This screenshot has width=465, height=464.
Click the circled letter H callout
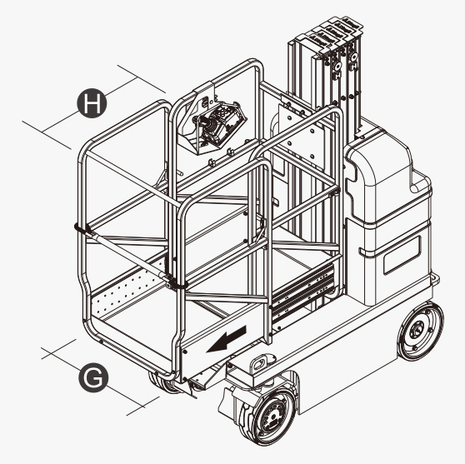coord(92,103)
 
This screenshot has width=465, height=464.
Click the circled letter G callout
coord(93,377)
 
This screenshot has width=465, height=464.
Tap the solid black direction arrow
coord(227,339)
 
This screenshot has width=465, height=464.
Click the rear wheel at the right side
coord(421,332)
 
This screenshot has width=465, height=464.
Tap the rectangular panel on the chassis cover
coord(402,255)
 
